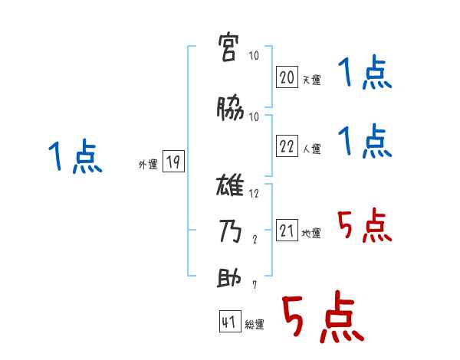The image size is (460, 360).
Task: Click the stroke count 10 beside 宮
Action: coord(255,56)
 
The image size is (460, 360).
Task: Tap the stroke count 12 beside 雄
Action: coord(255,193)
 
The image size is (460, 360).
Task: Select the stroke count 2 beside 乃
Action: coord(255,239)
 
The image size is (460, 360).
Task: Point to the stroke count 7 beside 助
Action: coord(255,285)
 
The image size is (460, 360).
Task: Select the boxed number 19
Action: coord(173,162)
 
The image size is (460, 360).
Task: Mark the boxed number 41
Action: coord(229,322)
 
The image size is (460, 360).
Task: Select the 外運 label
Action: coord(148,164)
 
